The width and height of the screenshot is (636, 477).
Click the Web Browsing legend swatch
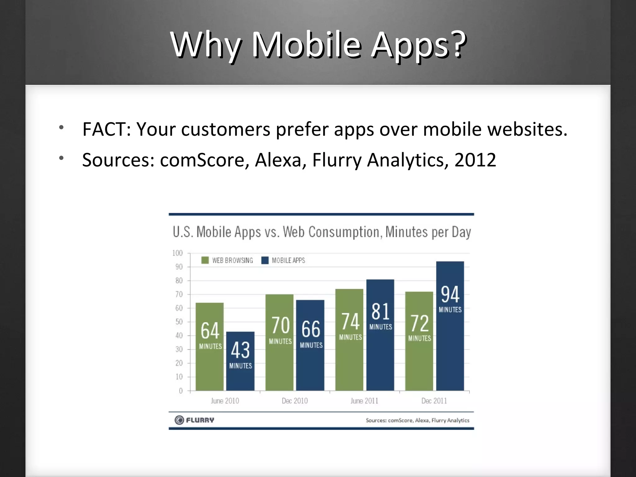point(205,260)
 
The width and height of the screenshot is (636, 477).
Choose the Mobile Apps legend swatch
point(265,260)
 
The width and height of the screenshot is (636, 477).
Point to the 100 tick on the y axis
point(178,253)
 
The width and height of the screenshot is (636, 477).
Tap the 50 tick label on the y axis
point(179,322)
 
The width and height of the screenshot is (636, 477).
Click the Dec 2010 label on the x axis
point(295,401)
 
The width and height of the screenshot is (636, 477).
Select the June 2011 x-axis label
point(364,401)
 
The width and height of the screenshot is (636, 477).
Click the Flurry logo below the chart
point(194,420)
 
